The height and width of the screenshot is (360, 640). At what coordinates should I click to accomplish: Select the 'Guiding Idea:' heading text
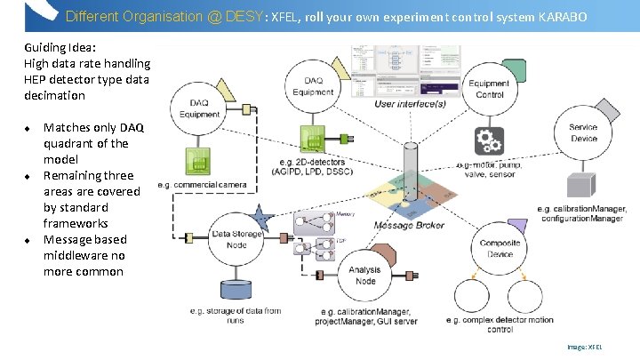(61, 48)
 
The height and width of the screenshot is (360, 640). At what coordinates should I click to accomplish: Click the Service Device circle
(583, 132)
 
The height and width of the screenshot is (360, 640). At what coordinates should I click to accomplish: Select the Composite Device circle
(500, 248)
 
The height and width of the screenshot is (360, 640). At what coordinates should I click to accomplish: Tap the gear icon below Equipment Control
(489, 141)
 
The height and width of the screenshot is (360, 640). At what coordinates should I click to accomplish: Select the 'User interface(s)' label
(410, 103)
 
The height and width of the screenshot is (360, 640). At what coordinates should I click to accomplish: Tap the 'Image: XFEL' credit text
(584, 348)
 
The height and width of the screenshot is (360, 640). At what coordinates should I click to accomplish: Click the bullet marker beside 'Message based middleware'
(28, 240)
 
